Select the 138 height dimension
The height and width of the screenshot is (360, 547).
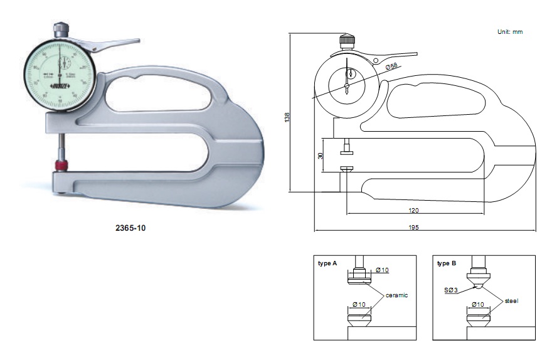pyautogui.click(x=287, y=116)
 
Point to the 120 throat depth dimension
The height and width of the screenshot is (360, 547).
pyautogui.click(x=413, y=210)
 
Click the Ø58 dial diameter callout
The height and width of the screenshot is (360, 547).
pyautogui.click(x=392, y=66)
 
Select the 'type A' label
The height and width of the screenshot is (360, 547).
pyautogui.click(x=327, y=263)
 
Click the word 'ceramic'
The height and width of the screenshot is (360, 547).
pyautogui.click(x=396, y=294)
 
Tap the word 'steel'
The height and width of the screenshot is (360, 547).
pyautogui.click(x=512, y=300)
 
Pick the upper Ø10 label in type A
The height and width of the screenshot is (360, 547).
pyautogui.click(x=383, y=270)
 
